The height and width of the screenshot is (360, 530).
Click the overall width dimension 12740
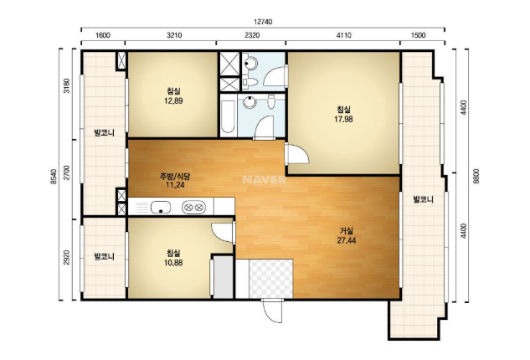point(263,22)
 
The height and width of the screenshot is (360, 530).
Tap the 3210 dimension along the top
point(174,35)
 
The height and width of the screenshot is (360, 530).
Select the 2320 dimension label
point(252,35)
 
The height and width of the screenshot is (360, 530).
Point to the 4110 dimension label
point(344,35)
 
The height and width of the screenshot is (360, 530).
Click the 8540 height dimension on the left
point(54,176)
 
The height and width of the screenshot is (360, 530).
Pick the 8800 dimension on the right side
point(476,176)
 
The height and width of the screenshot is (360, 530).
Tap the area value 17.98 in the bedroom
point(344,119)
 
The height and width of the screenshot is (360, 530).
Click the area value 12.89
point(173,100)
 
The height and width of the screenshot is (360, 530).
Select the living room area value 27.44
point(347,240)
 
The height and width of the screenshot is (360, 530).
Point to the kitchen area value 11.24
point(175,185)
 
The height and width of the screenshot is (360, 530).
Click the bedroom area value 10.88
point(173,262)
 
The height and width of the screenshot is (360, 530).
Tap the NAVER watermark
point(265,179)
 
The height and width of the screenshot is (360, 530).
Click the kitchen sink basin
point(161,207)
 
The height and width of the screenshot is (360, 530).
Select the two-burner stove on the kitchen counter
point(193,207)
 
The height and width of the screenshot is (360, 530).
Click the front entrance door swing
point(271,311)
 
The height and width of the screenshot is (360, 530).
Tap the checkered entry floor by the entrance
point(270,279)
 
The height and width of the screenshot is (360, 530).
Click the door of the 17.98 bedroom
point(296,154)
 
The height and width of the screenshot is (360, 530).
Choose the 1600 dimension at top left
point(103,35)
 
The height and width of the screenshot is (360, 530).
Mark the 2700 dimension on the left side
point(67,172)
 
